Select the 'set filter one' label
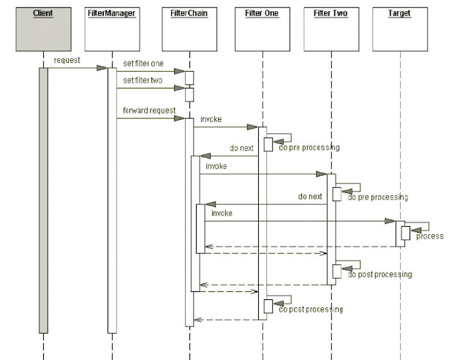(143, 64)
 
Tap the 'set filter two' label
(143, 80)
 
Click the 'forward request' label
(145, 111)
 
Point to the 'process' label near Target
(430, 236)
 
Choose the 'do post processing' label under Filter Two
(380, 274)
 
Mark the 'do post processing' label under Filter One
(311, 310)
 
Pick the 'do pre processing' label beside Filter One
(309, 148)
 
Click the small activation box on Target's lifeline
(404, 232)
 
